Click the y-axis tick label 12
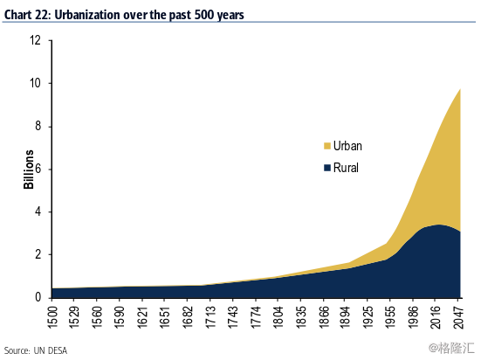[35, 40]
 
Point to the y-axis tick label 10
[35, 83]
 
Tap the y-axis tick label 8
[38, 126]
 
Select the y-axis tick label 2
[38, 254]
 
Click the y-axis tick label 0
[38, 297]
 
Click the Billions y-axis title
[28, 170]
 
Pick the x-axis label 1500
[52, 317]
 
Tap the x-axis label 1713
[210, 317]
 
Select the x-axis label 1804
[278, 317]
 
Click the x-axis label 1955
[390, 317]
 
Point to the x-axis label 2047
[458, 317]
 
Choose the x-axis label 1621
[142, 317]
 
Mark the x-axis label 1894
[345, 317]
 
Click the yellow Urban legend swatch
[327, 146]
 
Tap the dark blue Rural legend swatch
[327, 168]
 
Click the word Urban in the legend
[347, 146]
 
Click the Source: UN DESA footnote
[36, 350]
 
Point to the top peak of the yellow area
[460, 89]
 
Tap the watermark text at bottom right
[452, 348]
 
